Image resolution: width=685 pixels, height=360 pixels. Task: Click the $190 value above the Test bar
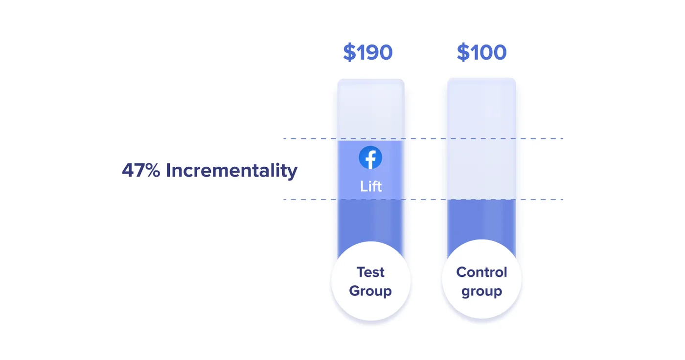pos(368,52)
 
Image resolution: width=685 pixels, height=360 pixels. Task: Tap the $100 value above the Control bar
pos(481,52)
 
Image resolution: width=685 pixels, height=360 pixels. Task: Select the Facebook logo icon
pos(370,158)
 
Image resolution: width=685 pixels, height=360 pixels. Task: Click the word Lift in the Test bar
pos(371,186)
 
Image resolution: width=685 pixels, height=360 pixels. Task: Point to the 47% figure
pos(141,170)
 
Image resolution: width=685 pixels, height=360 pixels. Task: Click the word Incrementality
pos(231,170)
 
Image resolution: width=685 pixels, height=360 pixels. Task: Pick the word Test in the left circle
pos(370,272)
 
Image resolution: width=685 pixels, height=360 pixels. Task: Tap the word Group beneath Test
pos(370,291)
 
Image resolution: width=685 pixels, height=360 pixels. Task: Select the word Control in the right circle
pos(481,272)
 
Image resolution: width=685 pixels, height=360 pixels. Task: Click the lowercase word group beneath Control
pos(481,291)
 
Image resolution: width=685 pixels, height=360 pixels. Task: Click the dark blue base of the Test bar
pos(370,223)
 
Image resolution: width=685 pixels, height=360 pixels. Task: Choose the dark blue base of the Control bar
pos(481,220)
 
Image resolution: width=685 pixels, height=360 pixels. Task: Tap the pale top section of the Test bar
pos(370,110)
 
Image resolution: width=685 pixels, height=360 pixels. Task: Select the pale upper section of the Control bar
pos(481,137)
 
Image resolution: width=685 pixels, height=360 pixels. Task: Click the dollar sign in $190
pos(349,52)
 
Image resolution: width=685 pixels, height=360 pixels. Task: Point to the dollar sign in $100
pos(463,52)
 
